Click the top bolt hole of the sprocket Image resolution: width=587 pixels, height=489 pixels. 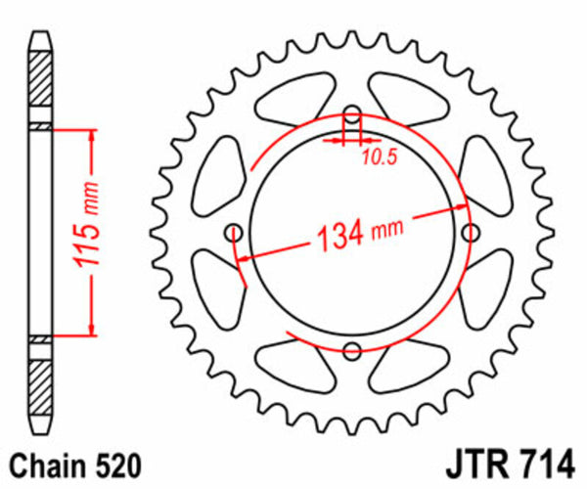(352, 112)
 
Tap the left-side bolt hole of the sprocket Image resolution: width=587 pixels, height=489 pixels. (233, 232)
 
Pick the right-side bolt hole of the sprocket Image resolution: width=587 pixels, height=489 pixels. (472, 232)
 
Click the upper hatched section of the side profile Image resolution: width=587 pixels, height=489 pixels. (39, 86)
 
